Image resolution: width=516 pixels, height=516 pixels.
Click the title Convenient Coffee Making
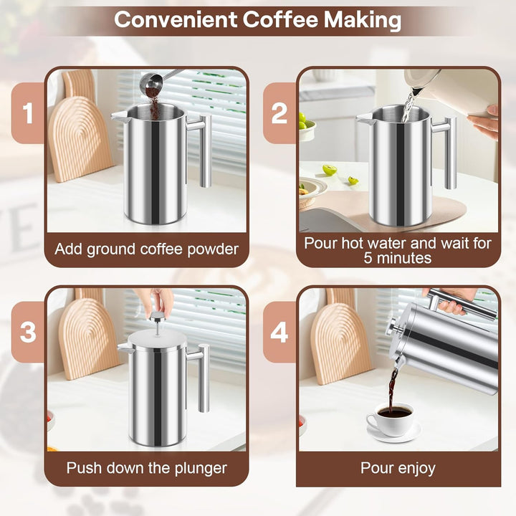[257, 19]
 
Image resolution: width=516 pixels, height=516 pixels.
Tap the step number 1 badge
[28, 113]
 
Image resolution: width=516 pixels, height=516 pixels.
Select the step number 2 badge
[279, 113]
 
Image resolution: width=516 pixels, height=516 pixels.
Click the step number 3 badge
[28, 332]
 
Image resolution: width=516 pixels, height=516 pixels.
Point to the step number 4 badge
[279, 332]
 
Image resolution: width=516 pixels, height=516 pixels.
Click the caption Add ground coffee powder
[146, 250]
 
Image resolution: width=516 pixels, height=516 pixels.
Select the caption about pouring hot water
[398, 250]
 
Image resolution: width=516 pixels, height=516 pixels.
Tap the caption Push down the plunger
[146, 469]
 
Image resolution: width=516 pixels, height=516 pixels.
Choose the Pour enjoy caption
[398, 469]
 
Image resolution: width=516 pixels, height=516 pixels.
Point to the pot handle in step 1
[204, 147]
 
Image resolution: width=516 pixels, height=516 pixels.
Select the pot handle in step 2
[449, 150]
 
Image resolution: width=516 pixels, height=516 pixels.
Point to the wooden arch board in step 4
[340, 344]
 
